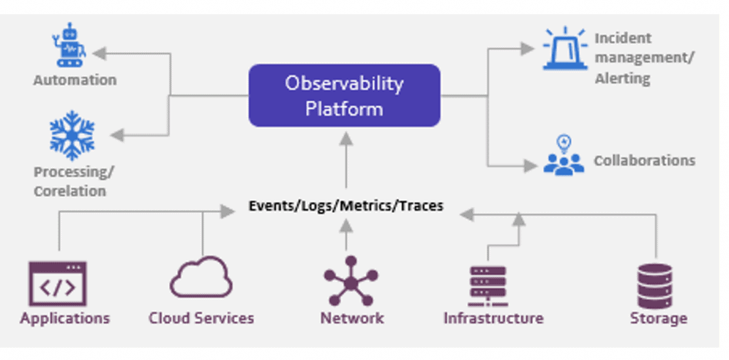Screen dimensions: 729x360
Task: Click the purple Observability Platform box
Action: [x=345, y=95]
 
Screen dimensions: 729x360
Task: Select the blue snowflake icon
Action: [x=72, y=135]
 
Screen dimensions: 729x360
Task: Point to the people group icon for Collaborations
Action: [x=564, y=156]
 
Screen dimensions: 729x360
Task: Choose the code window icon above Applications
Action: [x=58, y=284]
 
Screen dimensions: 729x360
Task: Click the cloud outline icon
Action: [x=201, y=277]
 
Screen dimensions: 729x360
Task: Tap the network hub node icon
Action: [x=351, y=281]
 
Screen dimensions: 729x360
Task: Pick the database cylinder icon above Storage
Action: [x=655, y=286]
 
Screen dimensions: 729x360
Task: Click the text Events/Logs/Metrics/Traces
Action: [x=346, y=206]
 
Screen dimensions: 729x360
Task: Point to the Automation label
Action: [x=75, y=80]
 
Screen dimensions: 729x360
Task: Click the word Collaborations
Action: [x=645, y=160]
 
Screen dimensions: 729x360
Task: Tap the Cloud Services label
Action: [x=201, y=318]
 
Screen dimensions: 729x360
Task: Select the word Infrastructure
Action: [x=493, y=318]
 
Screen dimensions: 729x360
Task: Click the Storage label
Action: [x=659, y=319]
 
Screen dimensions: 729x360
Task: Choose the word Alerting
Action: [x=622, y=78]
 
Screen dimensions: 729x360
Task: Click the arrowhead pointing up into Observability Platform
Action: [x=346, y=139]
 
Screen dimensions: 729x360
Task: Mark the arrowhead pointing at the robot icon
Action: [x=100, y=53]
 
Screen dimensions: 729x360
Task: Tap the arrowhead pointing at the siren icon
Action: [x=527, y=48]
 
